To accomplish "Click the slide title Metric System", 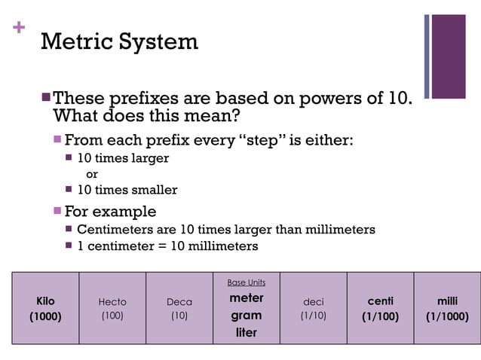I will (x=119, y=41).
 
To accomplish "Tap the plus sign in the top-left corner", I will (x=19, y=28).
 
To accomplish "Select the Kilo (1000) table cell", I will (x=45, y=309).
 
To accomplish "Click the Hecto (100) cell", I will (x=112, y=309).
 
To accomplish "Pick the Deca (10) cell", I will (x=179, y=309).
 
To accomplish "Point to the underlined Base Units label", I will (x=246, y=282).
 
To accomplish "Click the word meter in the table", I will (x=246, y=298).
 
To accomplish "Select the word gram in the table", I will (x=246, y=316).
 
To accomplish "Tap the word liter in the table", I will (x=246, y=332).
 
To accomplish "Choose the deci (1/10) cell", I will (x=313, y=309).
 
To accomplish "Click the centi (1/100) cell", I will (x=380, y=309).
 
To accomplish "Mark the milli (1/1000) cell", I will (x=447, y=309).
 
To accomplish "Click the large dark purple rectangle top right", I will (x=449, y=56).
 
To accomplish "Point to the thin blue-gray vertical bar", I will (x=427, y=56).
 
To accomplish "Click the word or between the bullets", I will (x=92, y=174).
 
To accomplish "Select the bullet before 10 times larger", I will (x=69, y=158).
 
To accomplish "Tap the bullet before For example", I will (x=57, y=211).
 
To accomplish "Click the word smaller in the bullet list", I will (x=155, y=190).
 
